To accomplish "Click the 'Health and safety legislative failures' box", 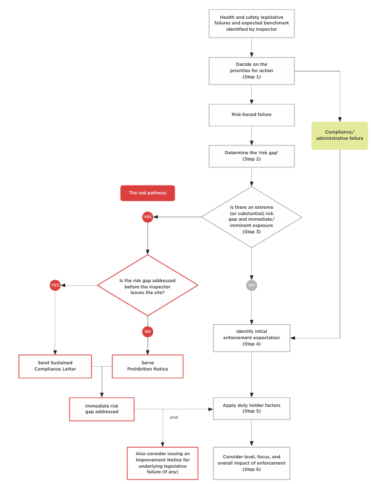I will [x=251, y=23].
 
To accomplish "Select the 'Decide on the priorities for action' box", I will [x=251, y=70].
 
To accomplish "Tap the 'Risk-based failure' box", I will [x=251, y=115].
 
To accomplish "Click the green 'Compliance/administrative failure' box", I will [x=340, y=135].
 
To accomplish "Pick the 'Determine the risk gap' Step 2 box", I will [x=251, y=155].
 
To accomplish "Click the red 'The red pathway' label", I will [x=148, y=193].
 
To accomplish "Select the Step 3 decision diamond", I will [x=251, y=217].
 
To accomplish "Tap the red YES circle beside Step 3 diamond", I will [x=148, y=217].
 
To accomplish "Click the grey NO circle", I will [x=251, y=285].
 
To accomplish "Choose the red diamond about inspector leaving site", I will [x=148, y=285].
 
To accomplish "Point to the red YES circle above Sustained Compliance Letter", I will [x=55, y=285].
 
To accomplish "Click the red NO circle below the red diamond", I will [x=148, y=331].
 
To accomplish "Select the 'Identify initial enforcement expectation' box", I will [x=251, y=337].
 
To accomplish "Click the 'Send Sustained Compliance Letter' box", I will [x=55, y=367].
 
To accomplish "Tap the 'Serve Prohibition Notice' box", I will [x=148, y=367].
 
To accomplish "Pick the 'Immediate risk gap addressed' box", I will [x=102, y=409].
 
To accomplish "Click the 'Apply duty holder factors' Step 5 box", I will [x=251, y=409].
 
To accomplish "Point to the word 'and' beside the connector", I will [x=174, y=416].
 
